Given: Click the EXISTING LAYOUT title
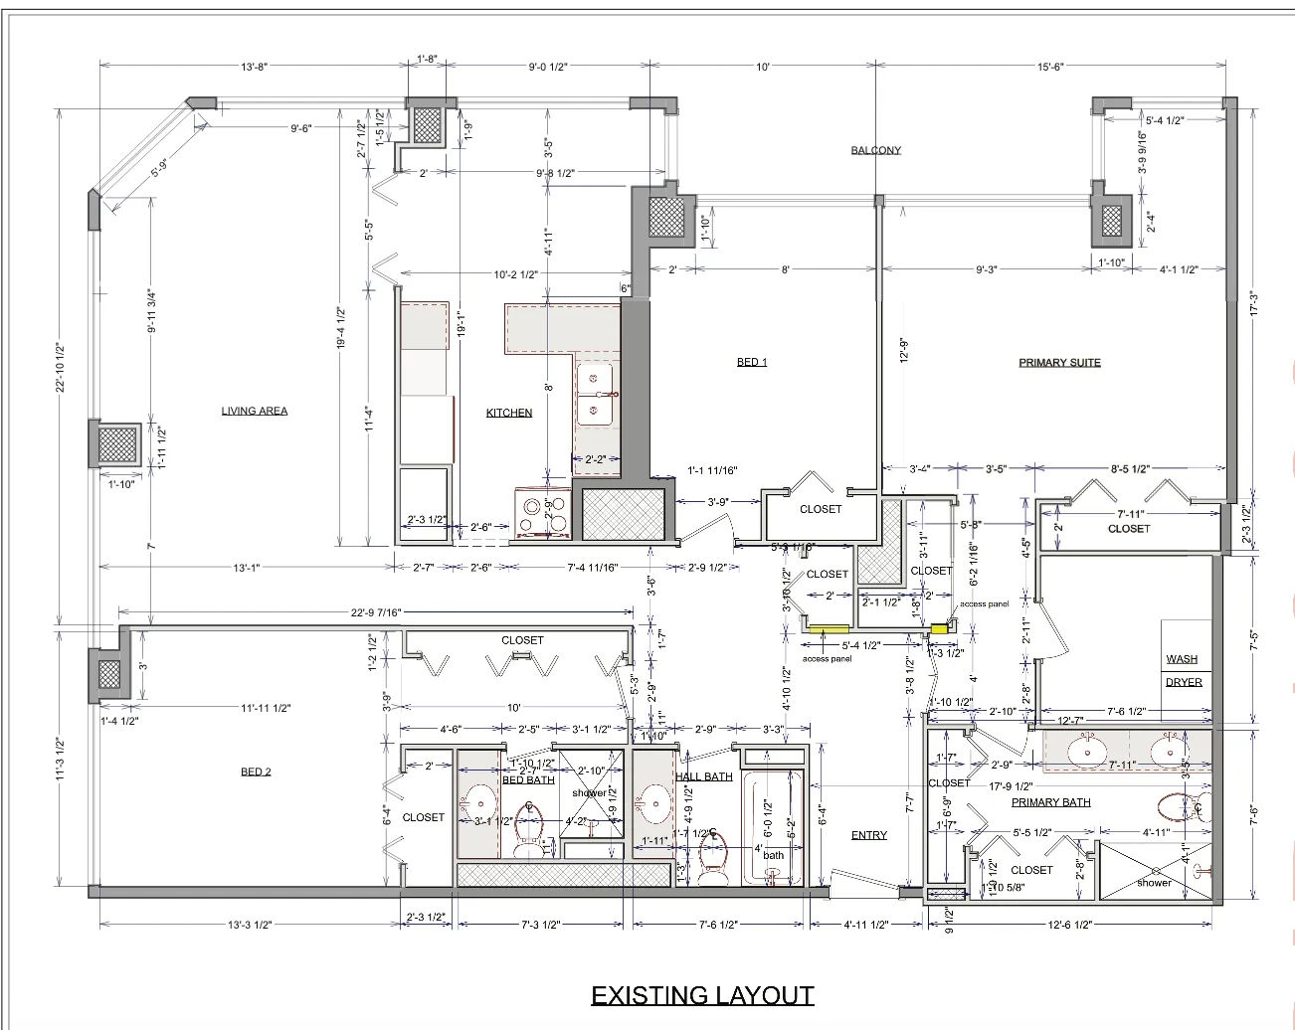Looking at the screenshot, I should coord(702,995).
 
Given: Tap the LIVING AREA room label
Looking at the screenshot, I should coord(255,411).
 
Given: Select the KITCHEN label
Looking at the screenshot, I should coord(509,413).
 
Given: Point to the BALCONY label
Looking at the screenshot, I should coord(875,151).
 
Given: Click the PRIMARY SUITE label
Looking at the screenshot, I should coord(1059,363).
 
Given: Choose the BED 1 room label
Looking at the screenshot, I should coord(752,363).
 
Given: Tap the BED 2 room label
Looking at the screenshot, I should coord(256,772).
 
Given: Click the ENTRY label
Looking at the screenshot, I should coord(868,835).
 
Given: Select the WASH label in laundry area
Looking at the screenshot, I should coord(1182,659).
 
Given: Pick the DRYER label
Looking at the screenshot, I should coord(1184,682).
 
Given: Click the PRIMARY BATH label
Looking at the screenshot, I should coord(1050,802).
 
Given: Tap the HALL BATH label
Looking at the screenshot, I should coord(704,776).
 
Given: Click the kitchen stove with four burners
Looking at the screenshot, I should coord(542,513).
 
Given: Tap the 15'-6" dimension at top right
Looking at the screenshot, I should coord(1050,67).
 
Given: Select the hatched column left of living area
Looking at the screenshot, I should coord(115,443).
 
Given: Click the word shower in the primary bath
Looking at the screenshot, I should coord(1154,882).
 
